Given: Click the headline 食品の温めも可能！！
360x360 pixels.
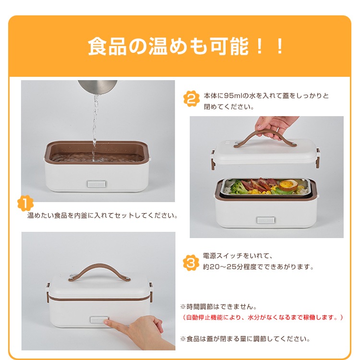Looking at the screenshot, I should click(x=186, y=47).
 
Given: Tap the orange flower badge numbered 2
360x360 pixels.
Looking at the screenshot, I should click(x=192, y=99).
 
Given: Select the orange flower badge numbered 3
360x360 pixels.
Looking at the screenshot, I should click(x=192, y=262).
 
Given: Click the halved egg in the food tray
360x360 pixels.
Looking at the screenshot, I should click(x=287, y=184).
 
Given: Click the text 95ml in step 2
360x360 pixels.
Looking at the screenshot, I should click(x=233, y=96).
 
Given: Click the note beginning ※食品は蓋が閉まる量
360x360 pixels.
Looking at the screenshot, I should click(x=245, y=338).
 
